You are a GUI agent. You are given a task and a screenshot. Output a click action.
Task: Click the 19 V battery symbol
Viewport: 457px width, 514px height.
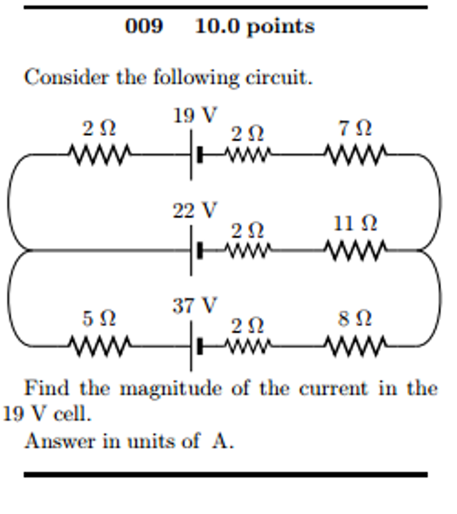(x=195, y=155)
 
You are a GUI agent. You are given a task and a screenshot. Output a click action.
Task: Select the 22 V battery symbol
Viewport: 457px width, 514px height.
(x=195, y=250)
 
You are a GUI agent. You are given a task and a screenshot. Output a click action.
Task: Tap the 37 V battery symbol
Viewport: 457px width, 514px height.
(x=195, y=346)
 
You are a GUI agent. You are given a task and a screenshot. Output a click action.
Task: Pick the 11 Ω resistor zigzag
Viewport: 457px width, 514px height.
(x=356, y=249)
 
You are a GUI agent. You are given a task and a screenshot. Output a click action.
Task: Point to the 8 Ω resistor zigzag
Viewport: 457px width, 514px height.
(x=356, y=346)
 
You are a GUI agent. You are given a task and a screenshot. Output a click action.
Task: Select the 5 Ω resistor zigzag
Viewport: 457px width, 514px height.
(x=99, y=346)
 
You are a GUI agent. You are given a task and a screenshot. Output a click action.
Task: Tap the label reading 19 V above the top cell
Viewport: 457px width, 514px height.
(x=195, y=116)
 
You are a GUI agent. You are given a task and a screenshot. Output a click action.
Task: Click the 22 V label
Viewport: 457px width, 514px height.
(x=195, y=210)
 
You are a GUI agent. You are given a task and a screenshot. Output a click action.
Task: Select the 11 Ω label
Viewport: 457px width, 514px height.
(x=355, y=223)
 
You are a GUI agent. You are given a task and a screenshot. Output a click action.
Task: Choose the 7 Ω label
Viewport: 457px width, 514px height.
(x=355, y=129)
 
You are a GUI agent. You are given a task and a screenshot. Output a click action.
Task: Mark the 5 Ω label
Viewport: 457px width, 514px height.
(x=99, y=318)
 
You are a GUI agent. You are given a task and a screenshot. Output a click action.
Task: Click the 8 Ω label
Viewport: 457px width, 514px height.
(x=355, y=318)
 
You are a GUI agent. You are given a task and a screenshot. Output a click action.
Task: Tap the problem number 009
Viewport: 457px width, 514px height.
(x=144, y=26)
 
